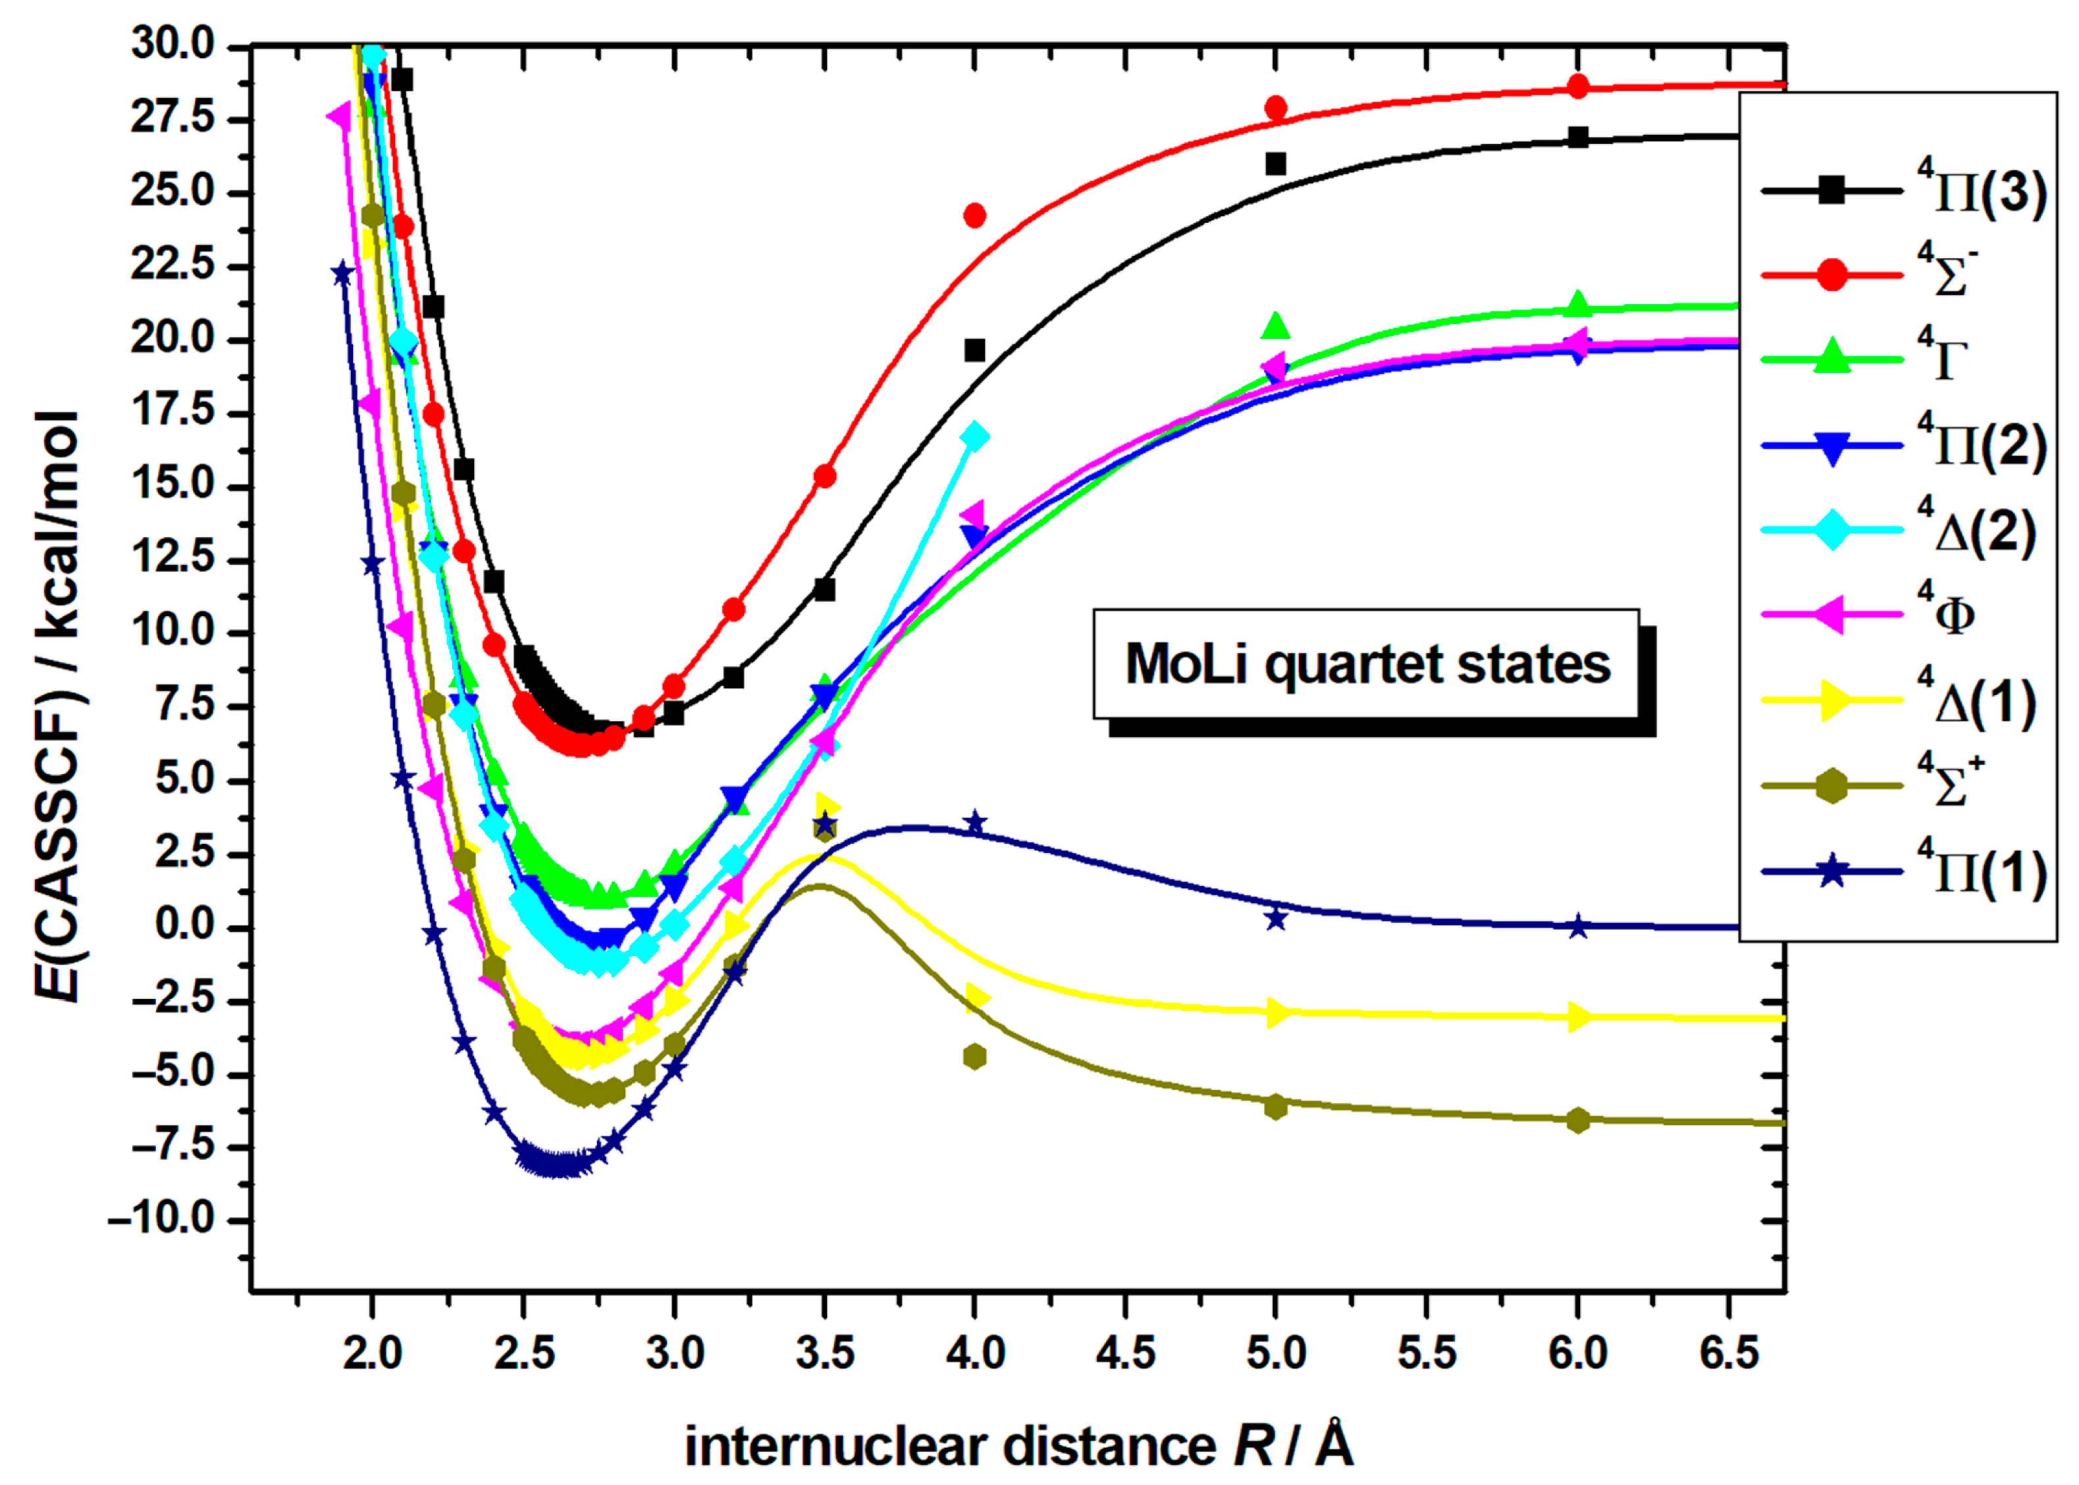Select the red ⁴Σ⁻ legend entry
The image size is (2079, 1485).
[1902, 275]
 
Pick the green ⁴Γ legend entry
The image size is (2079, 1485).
[1902, 359]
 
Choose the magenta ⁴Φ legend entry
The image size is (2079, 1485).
[1902, 615]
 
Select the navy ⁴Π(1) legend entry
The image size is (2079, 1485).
[1902, 872]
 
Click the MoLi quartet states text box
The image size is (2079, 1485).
[1366, 664]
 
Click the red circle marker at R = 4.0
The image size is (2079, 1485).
[974, 216]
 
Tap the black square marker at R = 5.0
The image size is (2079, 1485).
[1275, 164]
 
